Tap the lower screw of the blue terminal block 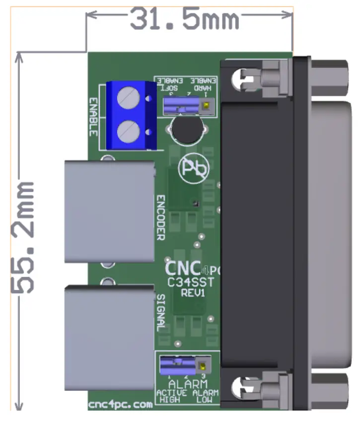coord(129,132)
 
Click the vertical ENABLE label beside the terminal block coord(93,117)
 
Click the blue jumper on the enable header coord(179,105)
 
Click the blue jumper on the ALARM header coord(176,366)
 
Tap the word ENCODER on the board coord(161,217)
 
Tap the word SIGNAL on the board coord(161,313)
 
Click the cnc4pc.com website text coord(120,405)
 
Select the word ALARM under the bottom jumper coord(187,384)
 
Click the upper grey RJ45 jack coord(109,211)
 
